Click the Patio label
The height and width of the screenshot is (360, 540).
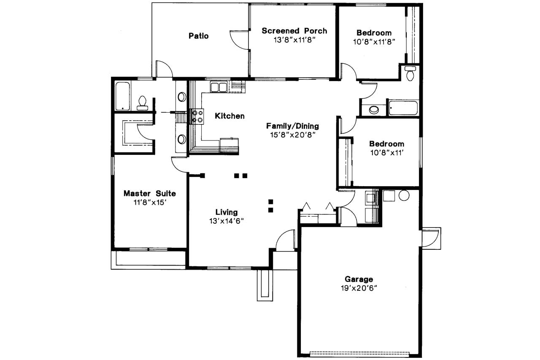(198, 36)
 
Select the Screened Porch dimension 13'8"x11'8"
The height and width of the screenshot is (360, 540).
(294, 40)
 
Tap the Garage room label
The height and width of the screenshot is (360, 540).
(359, 279)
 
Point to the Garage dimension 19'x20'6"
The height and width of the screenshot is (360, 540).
(359, 288)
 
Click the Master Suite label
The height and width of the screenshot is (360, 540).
(149, 193)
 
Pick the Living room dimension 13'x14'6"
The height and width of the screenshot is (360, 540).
(227, 221)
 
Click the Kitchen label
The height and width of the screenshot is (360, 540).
(229, 116)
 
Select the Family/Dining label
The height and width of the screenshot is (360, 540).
(292, 126)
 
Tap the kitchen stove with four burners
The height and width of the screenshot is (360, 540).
(197, 116)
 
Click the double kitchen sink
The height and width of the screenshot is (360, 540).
(219, 87)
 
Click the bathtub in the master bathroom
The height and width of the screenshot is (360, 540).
(122, 96)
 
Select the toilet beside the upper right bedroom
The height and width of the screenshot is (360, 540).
(410, 73)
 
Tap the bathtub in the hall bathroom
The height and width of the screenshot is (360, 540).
(403, 108)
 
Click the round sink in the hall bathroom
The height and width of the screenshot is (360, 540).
(374, 110)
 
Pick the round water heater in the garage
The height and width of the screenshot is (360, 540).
(404, 195)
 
